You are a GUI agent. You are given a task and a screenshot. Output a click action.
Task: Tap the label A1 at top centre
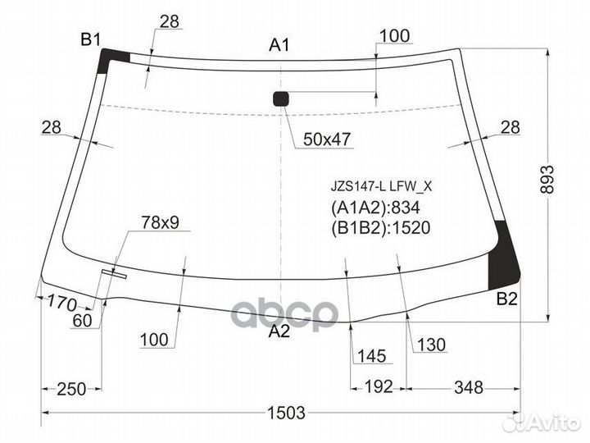click(280, 46)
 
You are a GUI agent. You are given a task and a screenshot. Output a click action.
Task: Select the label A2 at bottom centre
click(280, 331)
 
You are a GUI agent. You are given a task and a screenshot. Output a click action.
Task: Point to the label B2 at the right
click(507, 300)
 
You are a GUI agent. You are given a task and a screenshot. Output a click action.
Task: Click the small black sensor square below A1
click(281, 99)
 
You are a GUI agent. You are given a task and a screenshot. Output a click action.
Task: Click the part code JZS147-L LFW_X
click(380, 186)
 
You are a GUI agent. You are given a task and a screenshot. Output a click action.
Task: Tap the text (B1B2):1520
click(380, 227)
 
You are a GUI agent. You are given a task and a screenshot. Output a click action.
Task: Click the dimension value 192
click(379, 387)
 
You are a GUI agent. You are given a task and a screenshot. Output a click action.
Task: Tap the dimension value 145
click(370, 357)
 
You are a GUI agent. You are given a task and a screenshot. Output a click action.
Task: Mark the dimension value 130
click(432, 345)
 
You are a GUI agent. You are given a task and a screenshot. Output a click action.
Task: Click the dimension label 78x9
click(160, 221)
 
